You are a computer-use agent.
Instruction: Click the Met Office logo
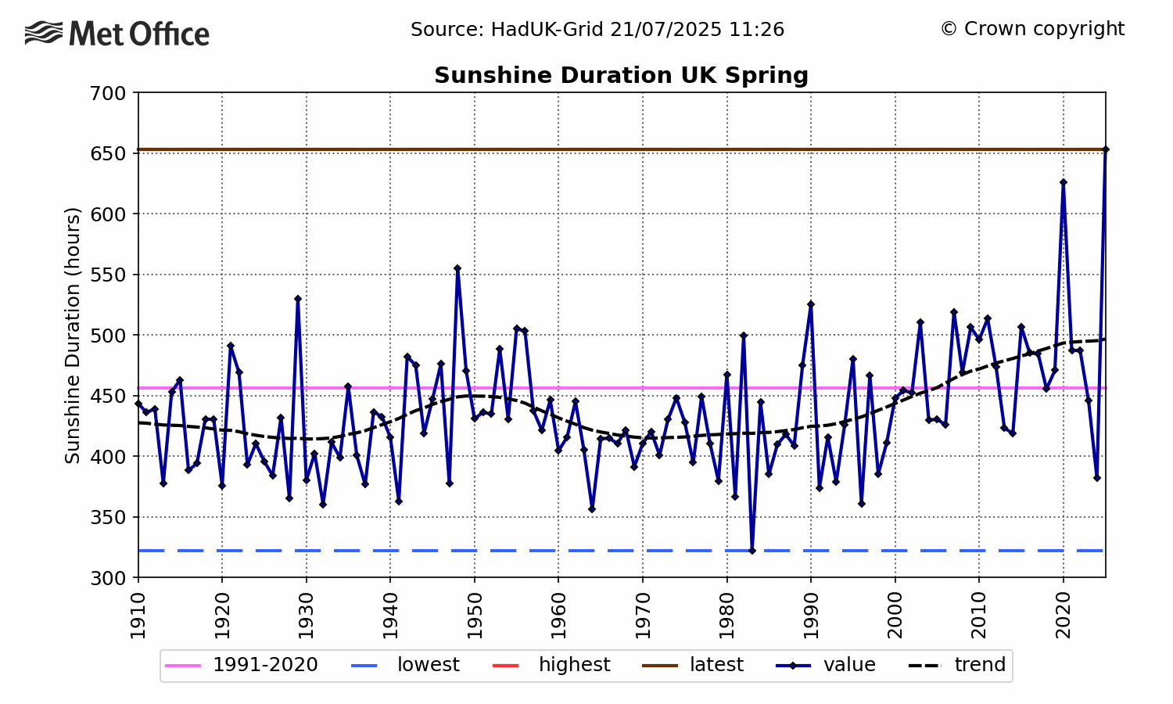point(117,34)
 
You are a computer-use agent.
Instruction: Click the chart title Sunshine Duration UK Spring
point(621,75)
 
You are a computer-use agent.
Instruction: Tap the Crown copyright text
point(1032,29)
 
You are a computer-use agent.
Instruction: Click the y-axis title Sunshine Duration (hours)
point(73,335)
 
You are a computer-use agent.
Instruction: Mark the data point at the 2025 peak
point(1105,149)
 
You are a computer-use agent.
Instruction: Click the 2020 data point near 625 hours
point(1063,182)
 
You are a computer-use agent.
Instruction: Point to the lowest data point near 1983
point(752,551)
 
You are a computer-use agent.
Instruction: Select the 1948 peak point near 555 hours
point(457,268)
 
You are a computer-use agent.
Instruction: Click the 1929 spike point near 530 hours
point(298,299)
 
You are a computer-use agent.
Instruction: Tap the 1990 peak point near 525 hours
point(811,304)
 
